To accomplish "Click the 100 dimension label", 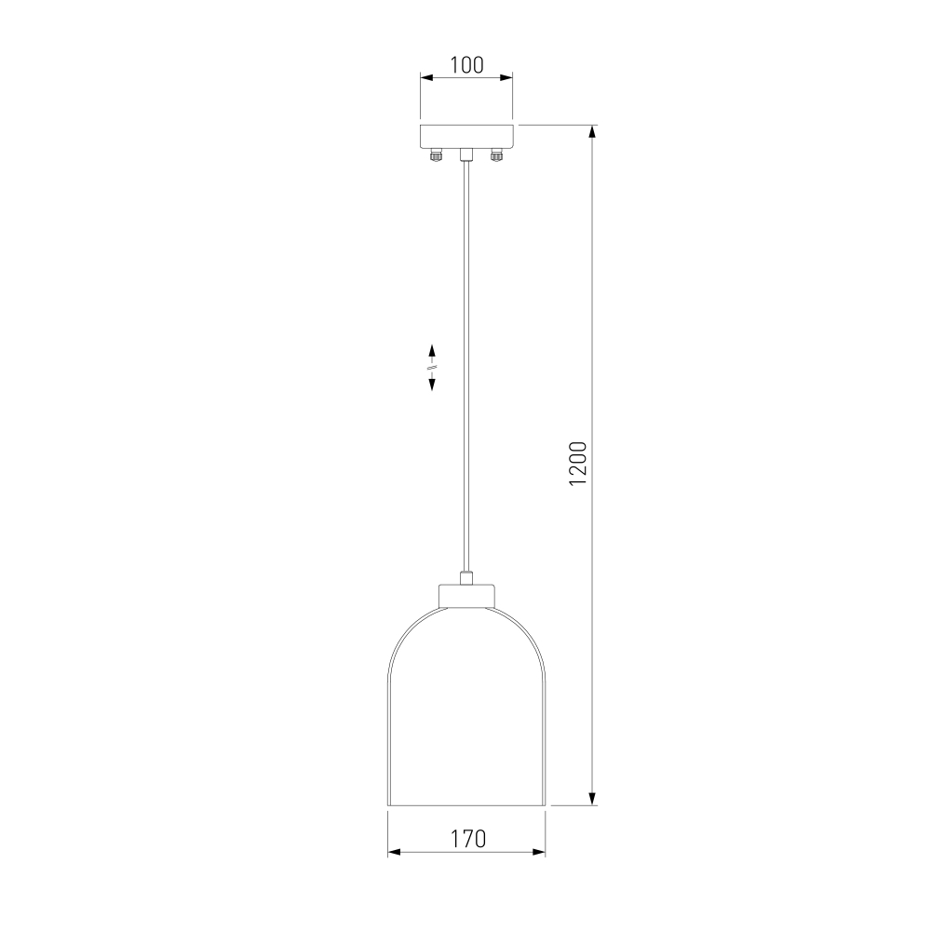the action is (466, 65).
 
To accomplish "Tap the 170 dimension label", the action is (468, 839).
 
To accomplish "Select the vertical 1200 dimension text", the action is (578, 464).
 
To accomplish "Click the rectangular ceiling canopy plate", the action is (466, 137).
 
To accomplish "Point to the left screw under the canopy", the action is (437, 156).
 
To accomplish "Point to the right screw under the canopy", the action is (496, 156).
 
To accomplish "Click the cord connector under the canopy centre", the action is (466, 155).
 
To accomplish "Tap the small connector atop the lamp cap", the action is (466, 578).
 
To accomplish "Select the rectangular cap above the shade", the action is (466, 596).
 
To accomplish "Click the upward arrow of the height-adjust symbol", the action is (432, 350).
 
